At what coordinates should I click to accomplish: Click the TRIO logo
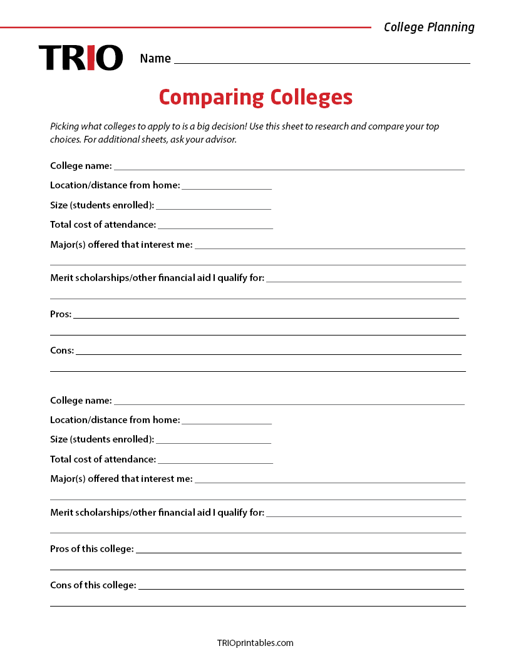81,58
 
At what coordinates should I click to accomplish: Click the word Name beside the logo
155,58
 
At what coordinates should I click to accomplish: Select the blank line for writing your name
322,62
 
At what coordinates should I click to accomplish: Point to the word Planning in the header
450,27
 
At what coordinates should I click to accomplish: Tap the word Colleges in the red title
311,98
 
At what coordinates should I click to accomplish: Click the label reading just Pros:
61,314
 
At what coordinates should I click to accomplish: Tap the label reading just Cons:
62,351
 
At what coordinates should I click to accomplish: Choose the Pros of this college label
92,549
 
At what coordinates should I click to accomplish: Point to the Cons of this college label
93,585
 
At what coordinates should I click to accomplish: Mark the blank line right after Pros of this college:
298,552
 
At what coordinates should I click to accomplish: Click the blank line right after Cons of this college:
301,588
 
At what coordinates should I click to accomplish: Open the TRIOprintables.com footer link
255,643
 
